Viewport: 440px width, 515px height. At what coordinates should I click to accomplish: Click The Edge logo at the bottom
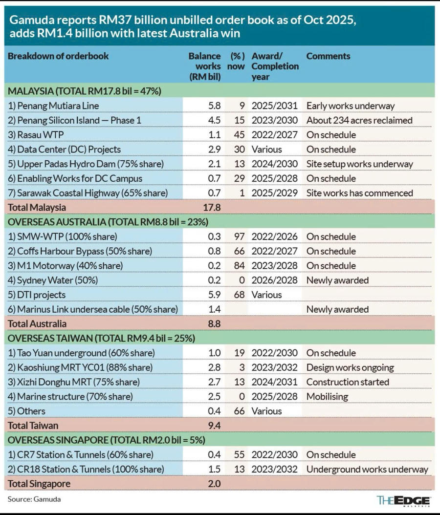pyautogui.click(x=403, y=501)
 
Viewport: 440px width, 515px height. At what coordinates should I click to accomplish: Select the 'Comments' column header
pyautogui.click(x=328, y=56)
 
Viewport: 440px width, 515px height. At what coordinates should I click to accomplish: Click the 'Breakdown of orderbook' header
pyautogui.click(x=58, y=56)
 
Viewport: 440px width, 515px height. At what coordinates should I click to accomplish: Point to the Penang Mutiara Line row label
pyautogui.click(x=53, y=106)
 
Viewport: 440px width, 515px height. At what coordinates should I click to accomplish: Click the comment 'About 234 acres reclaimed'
pyautogui.click(x=359, y=120)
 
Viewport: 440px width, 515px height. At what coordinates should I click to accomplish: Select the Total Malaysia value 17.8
pyautogui.click(x=212, y=207)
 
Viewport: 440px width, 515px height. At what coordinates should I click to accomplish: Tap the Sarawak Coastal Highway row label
pyautogui.click(x=88, y=193)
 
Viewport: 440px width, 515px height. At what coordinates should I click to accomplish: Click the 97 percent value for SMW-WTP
pyautogui.click(x=239, y=236)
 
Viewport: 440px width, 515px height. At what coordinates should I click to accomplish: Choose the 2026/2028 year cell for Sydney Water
pyautogui.click(x=274, y=280)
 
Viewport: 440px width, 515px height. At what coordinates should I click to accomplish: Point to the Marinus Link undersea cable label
pyautogui.click(x=92, y=309)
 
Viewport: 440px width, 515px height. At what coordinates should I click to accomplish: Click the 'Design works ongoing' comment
pyautogui.click(x=350, y=367)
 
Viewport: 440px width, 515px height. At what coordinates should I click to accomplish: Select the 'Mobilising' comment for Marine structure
pyautogui.click(x=327, y=396)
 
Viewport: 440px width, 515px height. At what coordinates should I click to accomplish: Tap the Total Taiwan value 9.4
pyautogui.click(x=214, y=426)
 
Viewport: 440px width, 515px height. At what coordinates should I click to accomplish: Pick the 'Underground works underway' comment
pyautogui.click(x=367, y=469)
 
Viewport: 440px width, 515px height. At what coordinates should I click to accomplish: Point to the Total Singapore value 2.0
pyautogui.click(x=214, y=484)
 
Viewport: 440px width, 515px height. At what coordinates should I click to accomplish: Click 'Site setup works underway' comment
pyautogui.click(x=359, y=164)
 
